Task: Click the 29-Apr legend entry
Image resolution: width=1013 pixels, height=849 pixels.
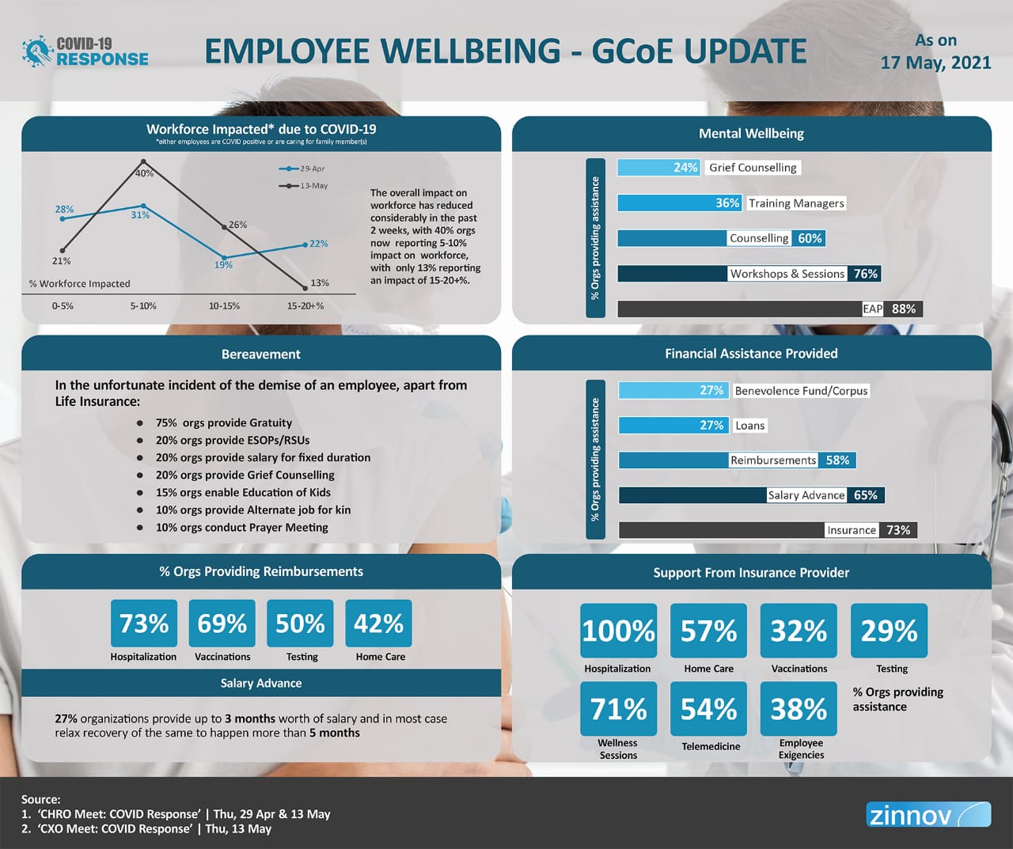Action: [x=302, y=169]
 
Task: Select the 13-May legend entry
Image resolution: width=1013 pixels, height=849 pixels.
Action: [x=302, y=186]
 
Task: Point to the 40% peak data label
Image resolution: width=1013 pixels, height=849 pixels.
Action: [x=144, y=172]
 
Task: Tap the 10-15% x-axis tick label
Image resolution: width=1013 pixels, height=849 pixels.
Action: [x=224, y=305]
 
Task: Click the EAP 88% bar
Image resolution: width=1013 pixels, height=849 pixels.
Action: [x=769, y=309]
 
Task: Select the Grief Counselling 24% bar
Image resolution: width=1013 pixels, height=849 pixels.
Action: [x=658, y=168]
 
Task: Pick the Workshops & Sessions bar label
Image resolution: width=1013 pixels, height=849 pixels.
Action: [x=787, y=274]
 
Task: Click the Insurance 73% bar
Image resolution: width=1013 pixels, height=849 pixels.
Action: [x=767, y=530]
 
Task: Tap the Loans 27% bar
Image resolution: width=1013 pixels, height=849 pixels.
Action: [x=672, y=426]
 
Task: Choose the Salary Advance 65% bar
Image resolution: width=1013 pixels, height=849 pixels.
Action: [x=751, y=495]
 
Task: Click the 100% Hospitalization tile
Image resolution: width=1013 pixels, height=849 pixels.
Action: [x=618, y=631]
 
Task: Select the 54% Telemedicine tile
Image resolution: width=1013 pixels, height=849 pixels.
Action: [x=708, y=709]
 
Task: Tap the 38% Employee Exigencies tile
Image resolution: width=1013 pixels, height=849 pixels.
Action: [x=799, y=709]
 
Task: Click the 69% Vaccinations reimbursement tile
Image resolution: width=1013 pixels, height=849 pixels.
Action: [x=222, y=623]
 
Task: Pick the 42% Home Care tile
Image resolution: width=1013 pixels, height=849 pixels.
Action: [x=379, y=623]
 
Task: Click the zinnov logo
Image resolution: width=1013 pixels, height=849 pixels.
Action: [x=928, y=814]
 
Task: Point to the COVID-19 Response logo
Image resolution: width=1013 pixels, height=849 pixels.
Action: [x=85, y=52]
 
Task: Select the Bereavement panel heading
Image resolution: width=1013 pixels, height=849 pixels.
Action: [x=261, y=354]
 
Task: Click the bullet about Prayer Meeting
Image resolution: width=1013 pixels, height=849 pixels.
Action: [x=241, y=528]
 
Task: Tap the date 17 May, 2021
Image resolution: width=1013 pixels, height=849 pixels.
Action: [x=935, y=63]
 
